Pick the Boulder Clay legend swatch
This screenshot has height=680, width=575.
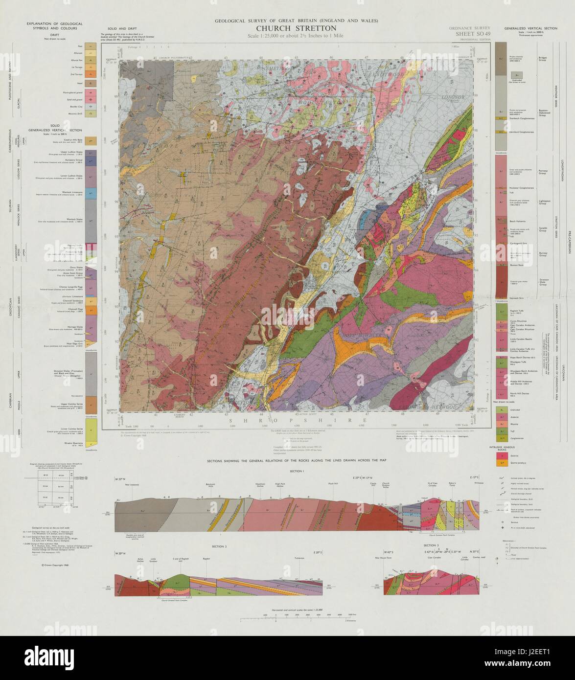tap(91, 106)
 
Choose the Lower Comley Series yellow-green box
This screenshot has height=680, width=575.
tap(91, 431)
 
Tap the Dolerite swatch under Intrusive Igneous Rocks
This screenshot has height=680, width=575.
tap(501, 454)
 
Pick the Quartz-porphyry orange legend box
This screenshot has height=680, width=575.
tap(501, 462)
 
